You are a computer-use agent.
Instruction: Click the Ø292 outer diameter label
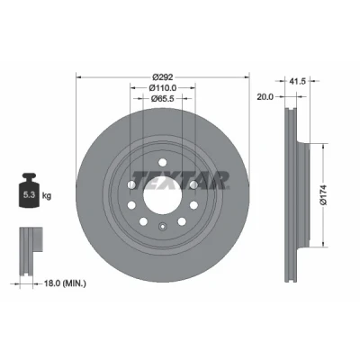(x=163, y=77)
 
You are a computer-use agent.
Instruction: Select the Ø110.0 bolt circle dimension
(x=163, y=88)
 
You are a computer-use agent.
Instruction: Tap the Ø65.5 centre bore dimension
(x=163, y=98)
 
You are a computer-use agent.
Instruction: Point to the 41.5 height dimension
(x=297, y=81)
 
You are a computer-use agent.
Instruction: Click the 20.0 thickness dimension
(x=265, y=97)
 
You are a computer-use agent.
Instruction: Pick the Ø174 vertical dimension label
(x=323, y=195)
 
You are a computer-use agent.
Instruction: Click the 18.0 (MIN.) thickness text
(x=65, y=283)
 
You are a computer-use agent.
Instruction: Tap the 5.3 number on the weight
(x=29, y=195)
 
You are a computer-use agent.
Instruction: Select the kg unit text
(x=47, y=196)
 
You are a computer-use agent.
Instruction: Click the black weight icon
(x=29, y=190)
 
